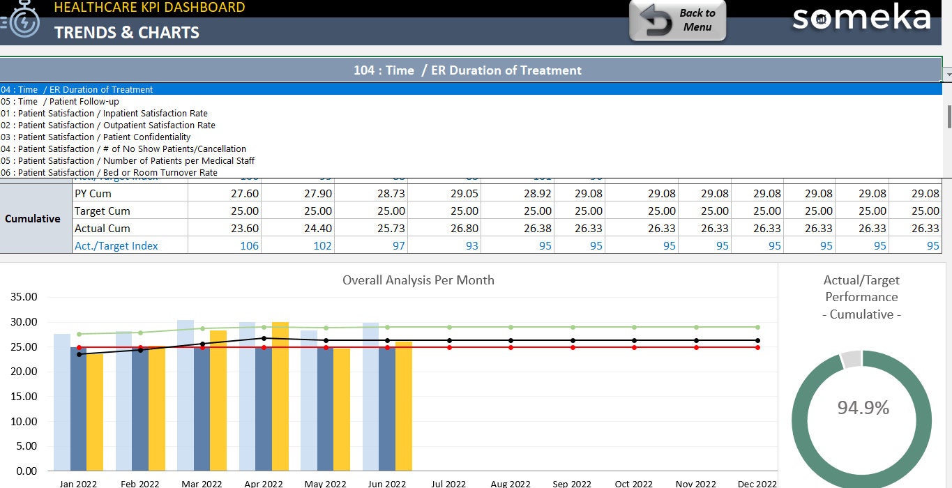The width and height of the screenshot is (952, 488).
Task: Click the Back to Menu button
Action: pos(677,20)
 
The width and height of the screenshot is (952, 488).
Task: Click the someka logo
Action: pos(861,18)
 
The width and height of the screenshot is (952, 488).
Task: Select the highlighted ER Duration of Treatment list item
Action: pos(77,89)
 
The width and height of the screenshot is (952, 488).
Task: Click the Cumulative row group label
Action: pos(33,219)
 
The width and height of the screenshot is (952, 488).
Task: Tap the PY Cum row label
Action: pos(93,193)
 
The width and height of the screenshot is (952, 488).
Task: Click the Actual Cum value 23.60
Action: pos(245,228)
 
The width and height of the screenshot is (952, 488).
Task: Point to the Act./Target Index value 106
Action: pos(249,245)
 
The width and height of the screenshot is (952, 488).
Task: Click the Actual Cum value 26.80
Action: pos(464,228)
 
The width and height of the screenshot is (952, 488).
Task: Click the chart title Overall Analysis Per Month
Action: pos(418,280)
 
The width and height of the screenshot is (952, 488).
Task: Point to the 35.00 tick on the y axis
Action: pos(24,297)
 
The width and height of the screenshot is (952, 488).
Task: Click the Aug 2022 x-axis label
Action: pos(510,483)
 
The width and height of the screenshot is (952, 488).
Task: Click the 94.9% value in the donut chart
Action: pos(863,408)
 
